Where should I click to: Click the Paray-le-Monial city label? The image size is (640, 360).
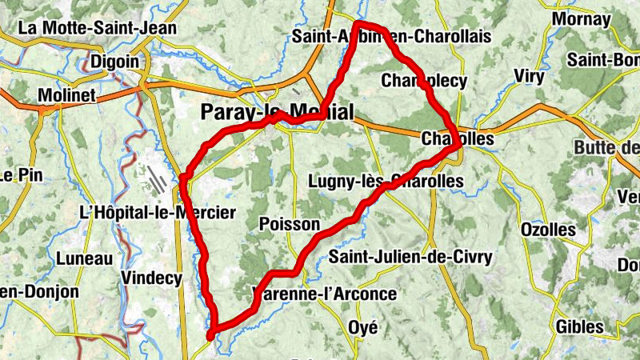(x=276, y=112)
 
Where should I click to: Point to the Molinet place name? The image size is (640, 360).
(x=67, y=95)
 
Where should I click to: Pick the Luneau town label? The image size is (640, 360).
(x=84, y=258)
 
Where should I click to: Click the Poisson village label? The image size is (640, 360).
(x=290, y=225)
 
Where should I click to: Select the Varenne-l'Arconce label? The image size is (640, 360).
(x=324, y=294)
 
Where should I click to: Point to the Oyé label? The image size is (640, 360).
(x=363, y=326)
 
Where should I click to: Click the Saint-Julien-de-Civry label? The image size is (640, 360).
(x=410, y=257)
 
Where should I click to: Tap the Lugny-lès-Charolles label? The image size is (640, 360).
(x=386, y=182)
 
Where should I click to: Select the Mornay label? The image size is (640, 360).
(x=581, y=18)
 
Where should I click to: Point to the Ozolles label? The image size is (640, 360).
(x=548, y=230)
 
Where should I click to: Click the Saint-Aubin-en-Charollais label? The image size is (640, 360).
(x=391, y=37)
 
